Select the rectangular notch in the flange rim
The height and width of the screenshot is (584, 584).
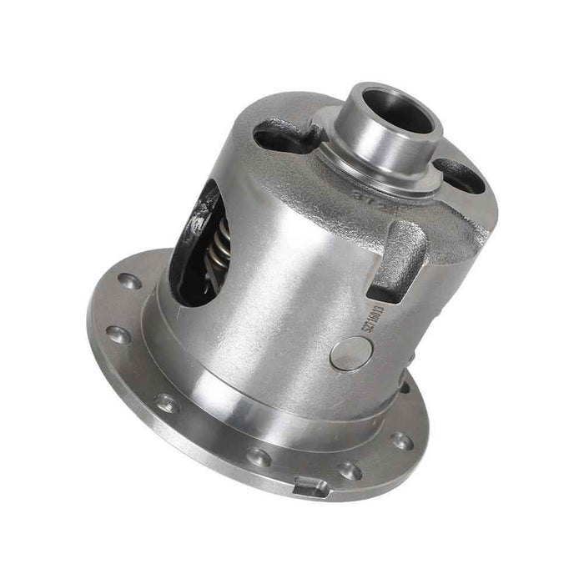310,484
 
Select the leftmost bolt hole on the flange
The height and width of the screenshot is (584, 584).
118,335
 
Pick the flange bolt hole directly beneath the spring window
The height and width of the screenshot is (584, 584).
167,403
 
